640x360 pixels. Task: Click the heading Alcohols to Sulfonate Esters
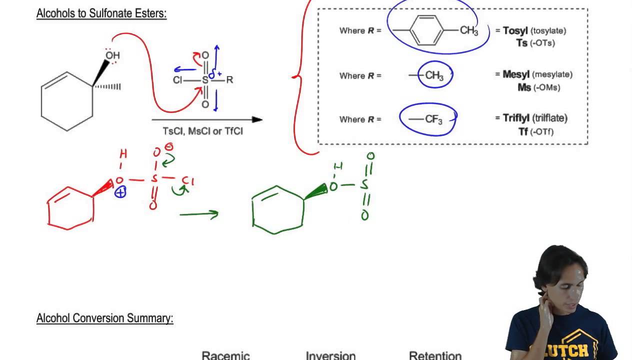point(101,13)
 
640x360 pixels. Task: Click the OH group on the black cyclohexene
point(112,55)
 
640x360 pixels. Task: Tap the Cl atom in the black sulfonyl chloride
point(178,80)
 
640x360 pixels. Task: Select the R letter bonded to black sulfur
point(229,80)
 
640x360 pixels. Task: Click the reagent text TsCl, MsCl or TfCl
point(202,131)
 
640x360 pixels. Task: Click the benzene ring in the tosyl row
point(426,30)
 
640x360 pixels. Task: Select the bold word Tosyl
point(515,31)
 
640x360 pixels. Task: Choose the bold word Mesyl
point(516,74)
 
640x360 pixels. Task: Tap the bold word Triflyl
point(517,118)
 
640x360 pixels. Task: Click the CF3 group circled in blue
point(432,119)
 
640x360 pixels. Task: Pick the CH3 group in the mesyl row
point(434,76)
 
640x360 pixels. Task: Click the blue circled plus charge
point(120,192)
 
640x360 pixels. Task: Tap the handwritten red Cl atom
point(187,180)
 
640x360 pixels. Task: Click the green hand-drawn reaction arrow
point(199,214)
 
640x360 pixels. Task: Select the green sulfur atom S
point(364,185)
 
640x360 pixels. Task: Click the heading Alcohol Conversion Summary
point(104,318)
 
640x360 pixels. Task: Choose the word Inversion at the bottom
point(330,355)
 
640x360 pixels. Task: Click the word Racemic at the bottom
point(225,355)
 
